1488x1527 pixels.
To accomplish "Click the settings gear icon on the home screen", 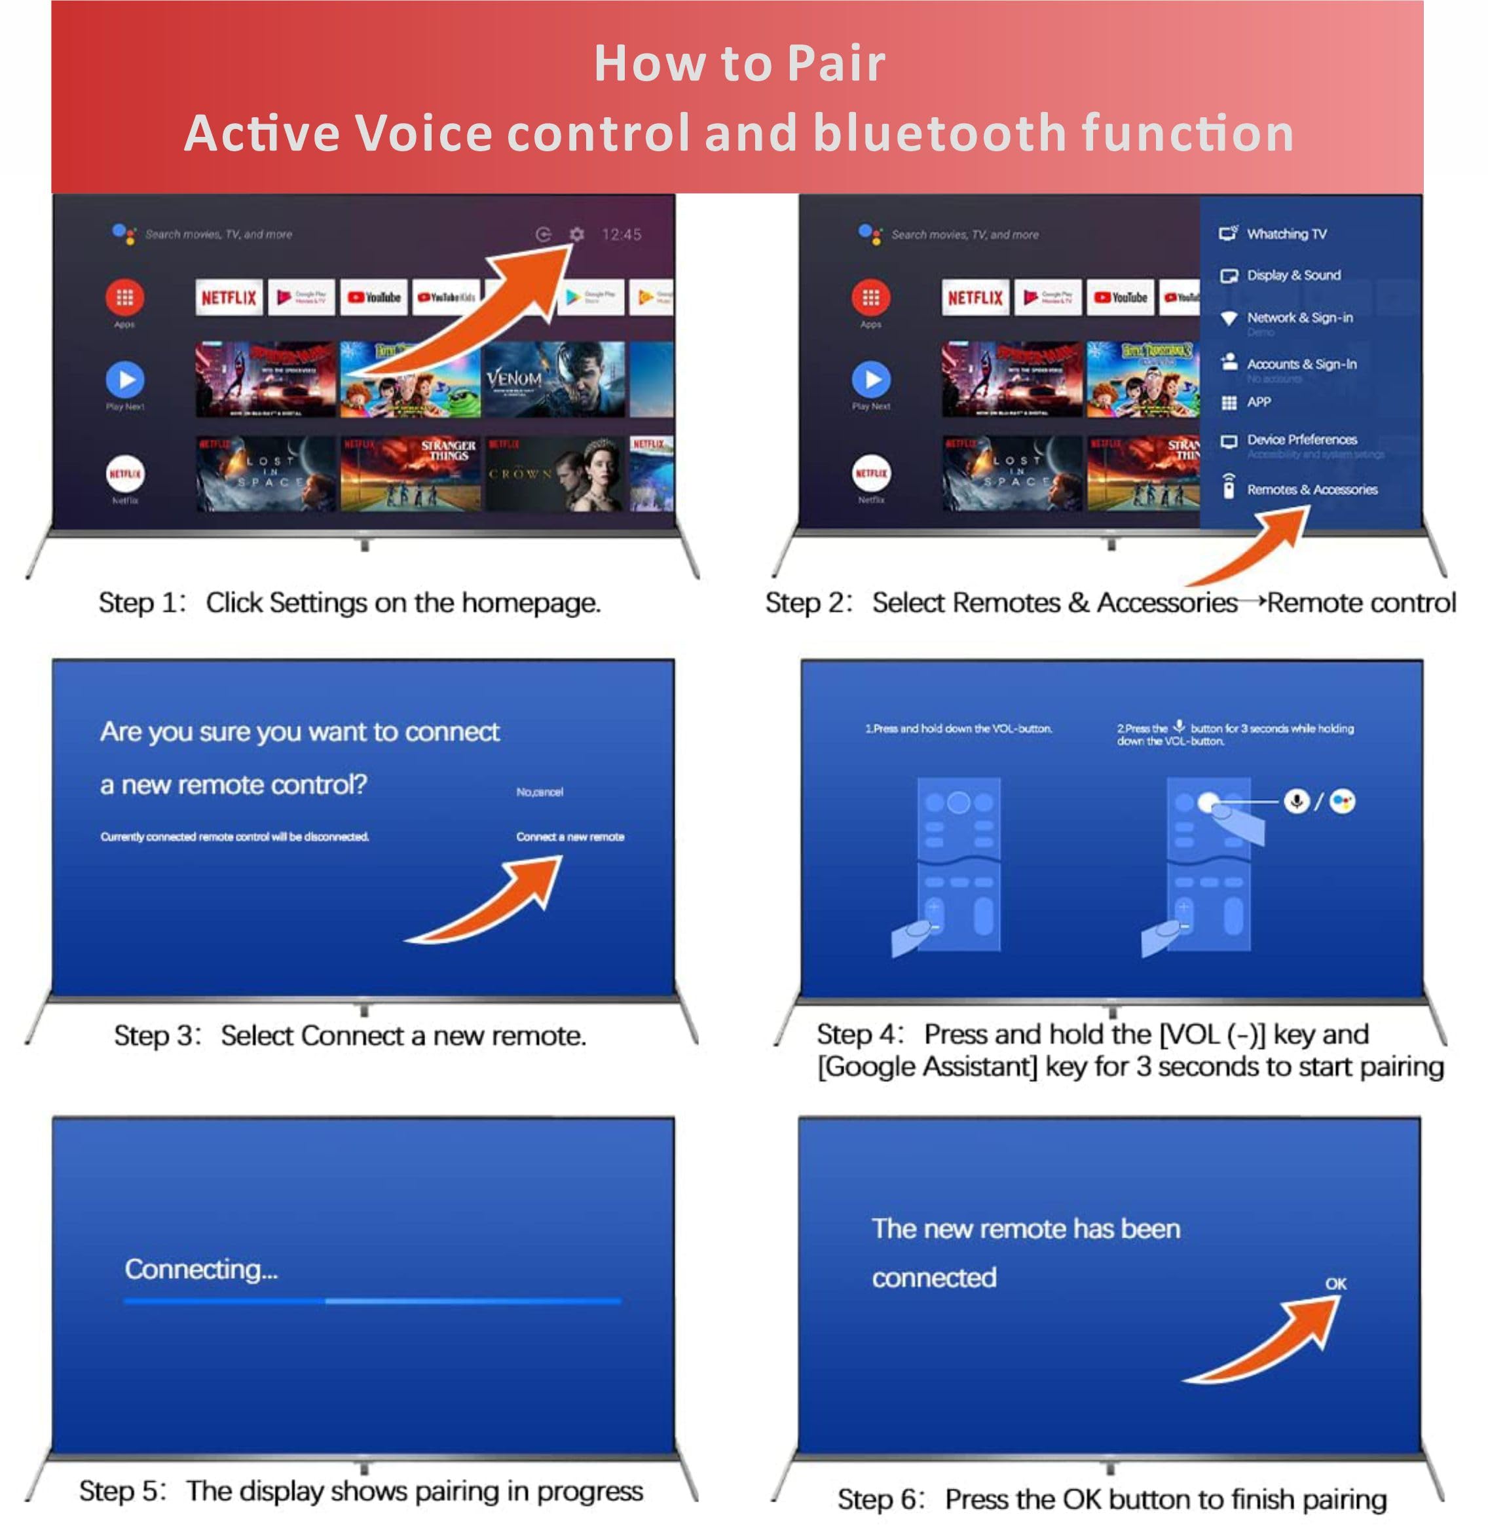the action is point(577,234).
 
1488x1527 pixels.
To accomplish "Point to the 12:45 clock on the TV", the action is point(622,234).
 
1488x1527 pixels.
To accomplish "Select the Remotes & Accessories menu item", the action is point(1311,490).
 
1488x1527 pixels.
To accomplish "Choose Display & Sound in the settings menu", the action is point(1293,275).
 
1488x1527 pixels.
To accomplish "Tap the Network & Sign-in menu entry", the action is point(1299,318).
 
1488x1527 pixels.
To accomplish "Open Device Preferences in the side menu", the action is point(1301,439).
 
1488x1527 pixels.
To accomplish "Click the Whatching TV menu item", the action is point(1286,234).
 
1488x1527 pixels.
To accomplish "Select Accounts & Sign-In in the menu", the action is point(1301,364).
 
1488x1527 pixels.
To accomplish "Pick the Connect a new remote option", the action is point(570,837).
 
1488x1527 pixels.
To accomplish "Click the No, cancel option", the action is point(539,792).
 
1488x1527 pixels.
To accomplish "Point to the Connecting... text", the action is point(201,1269).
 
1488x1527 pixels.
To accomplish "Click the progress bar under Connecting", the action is point(372,1301).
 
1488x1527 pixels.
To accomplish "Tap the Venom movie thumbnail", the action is point(553,380).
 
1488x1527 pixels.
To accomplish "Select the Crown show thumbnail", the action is point(553,473).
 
